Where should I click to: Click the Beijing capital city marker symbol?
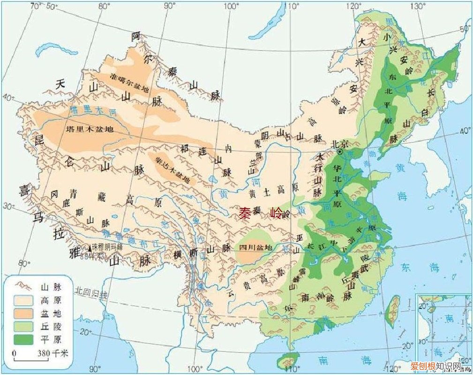340,152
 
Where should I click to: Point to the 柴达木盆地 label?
173,169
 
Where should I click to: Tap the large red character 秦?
245,214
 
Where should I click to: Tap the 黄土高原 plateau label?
267,193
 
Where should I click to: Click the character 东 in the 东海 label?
405,267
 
